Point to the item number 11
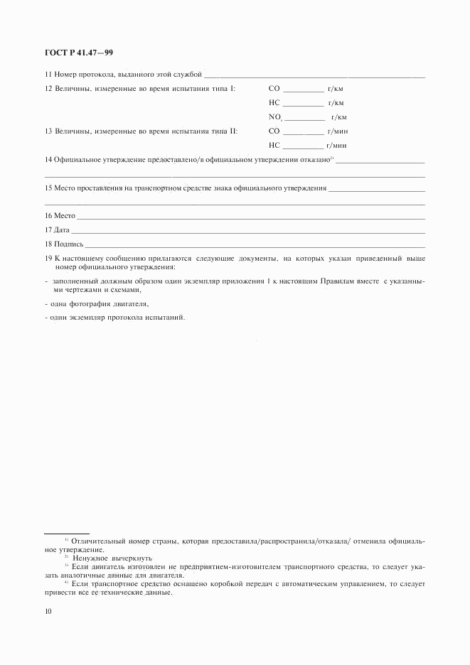pyautogui.click(x=48, y=74)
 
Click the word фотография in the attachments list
pyautogui.click(x=89, y=303)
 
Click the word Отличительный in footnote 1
pyautogui.click(x=96, y=541)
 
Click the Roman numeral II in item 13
pyautogui.click(x=233, y=131)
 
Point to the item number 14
pyautogui.click(x=48, y=159)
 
